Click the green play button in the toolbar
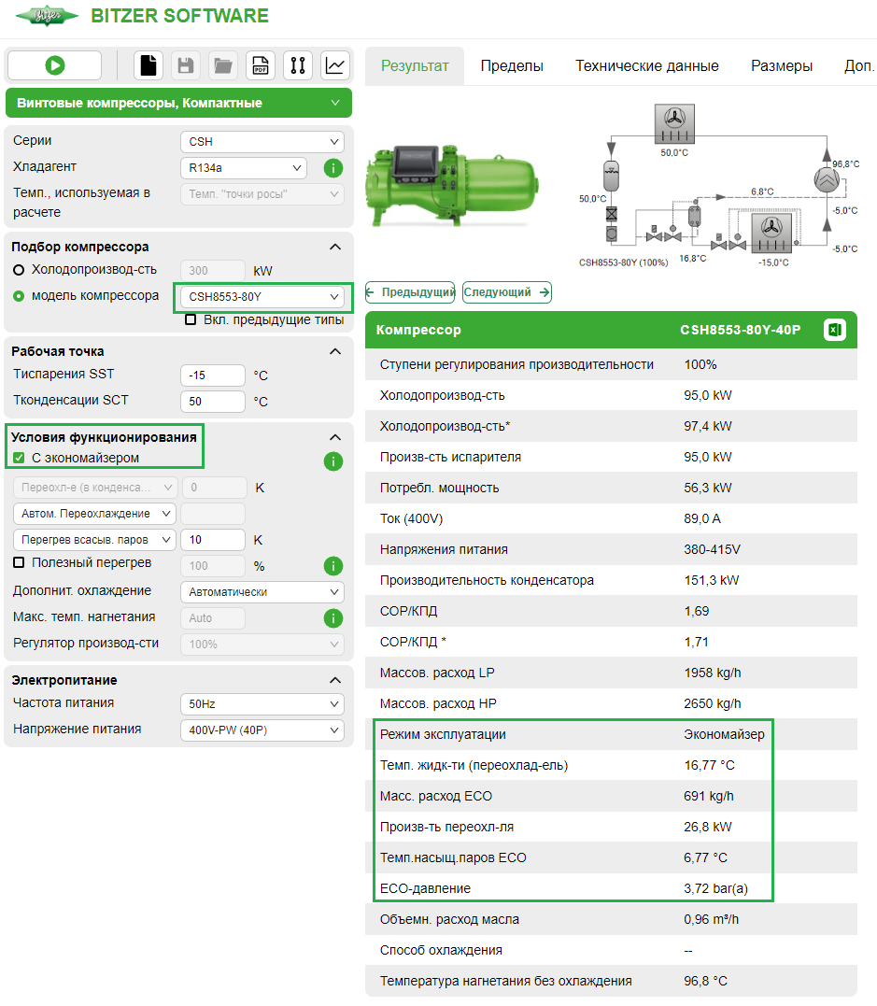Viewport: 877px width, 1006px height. click(x=54, y=65)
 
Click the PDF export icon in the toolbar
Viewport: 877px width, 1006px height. click(x=261, y=65)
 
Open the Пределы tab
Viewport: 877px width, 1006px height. click(x=512, y=65)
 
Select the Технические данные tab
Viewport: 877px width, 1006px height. click(x=646, y=65)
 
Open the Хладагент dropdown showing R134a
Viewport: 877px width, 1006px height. click(x=243, y=168)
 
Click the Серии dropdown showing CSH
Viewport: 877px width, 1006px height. click(x=262, y=142)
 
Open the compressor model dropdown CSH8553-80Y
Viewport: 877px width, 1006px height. click(x=262, y=297)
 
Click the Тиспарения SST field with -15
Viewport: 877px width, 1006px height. click(x=213, y=375)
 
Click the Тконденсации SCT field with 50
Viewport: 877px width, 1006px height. click(x=213, y=402)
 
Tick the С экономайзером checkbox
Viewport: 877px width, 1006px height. click(x=19, y=458)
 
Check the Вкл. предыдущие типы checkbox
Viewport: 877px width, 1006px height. click(x=191, y=319)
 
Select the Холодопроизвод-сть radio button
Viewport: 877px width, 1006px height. click(x=19, y=270)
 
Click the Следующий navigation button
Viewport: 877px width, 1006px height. click(x=506, y=292)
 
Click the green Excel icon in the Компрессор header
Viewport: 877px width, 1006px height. click(x=835, y=330)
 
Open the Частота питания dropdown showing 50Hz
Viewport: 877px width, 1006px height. click(x=262, y=704)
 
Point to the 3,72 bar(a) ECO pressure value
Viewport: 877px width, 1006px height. click(x=715, y=888)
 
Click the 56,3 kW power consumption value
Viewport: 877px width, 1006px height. click(x=708, y=488)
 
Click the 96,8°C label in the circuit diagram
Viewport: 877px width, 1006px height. click(x=846, y=164)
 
